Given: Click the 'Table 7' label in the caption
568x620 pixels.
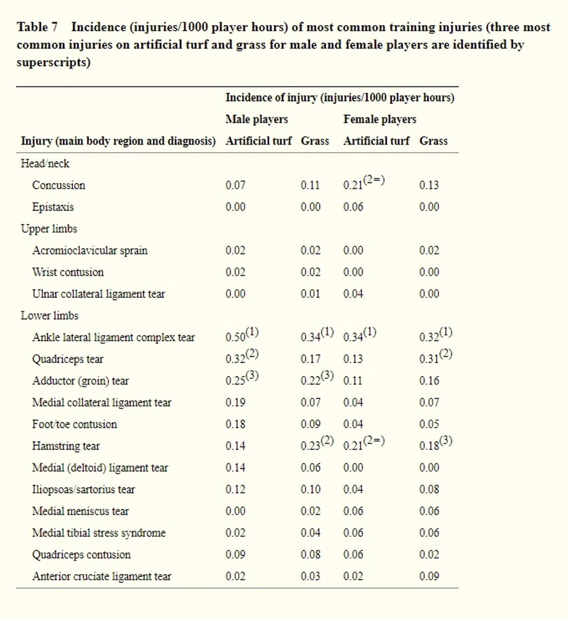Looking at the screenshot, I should (x=37, y=27).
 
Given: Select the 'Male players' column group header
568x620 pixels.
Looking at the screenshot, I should (x=256, y=119).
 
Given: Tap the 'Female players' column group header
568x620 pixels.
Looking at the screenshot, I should (x=379, y=119).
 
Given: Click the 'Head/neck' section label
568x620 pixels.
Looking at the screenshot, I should (x=45, y=163).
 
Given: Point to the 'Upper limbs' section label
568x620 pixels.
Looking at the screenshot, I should (x=49, y=229).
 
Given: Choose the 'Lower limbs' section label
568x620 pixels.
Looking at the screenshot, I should (x=49, y=316).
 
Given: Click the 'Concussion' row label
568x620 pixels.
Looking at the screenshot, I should (x=58, y=185).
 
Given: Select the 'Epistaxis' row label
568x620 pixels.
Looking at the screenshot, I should (x=53, y=207).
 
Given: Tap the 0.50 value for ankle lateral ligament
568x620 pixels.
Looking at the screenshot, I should (x=235, y=337).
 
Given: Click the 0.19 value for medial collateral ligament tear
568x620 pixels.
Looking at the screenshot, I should (x=235, y=402).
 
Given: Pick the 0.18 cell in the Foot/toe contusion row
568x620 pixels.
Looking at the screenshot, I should (x=235, y=424).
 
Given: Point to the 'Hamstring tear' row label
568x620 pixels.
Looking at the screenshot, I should (x=66, y=446).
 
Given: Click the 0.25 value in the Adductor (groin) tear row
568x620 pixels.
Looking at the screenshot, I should (x=235, y=381).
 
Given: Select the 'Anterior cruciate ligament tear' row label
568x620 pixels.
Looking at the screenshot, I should (x=102, y=576).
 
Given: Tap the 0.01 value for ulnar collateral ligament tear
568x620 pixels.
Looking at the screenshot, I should (x=310, y=294).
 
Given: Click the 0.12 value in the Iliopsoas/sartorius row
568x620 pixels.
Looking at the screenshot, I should (x=235, y=489).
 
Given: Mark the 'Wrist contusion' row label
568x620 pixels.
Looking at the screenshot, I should (x=68, y=272).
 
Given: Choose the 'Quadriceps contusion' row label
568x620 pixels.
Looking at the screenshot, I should (x=81, y=555).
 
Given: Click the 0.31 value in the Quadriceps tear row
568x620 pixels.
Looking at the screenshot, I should (x=429, y=359).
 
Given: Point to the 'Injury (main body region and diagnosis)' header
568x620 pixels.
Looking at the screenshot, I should (x=118, y=141).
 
